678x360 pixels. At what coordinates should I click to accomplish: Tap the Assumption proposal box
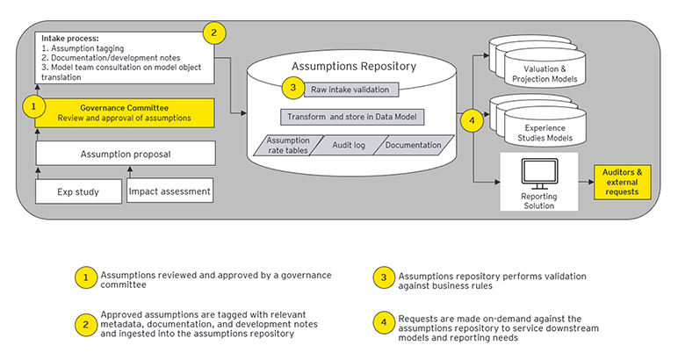(126, 154)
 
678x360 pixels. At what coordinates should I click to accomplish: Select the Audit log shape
(349, 145)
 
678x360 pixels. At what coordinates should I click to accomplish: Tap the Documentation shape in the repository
(412, 145)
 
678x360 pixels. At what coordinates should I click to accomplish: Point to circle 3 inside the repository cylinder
(292, 87)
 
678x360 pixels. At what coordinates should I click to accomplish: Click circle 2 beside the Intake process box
(213, 33)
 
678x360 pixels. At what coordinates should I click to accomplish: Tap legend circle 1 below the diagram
(84, 277)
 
